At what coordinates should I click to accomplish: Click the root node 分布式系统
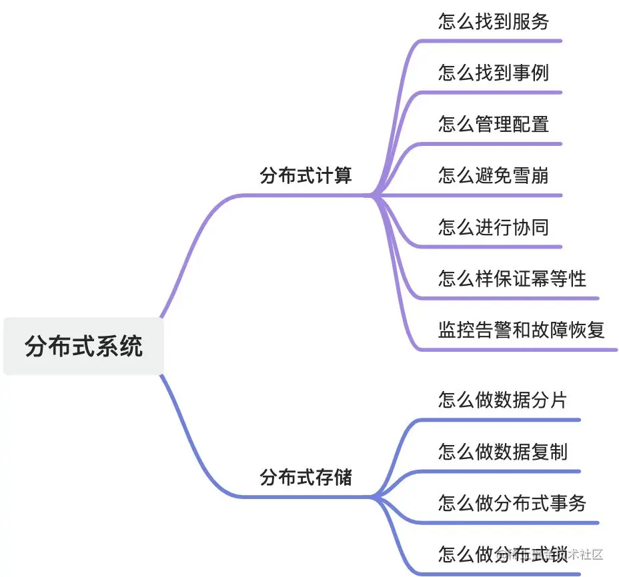tap(83, 346)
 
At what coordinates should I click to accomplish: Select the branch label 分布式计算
tap(305, 176)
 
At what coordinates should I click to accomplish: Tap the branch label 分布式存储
tap(305, 477)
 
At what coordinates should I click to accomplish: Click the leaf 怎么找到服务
tap(494, 21)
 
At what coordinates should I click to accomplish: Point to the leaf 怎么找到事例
tap(494, 72)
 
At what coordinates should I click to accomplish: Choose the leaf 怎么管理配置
tap(494, 124)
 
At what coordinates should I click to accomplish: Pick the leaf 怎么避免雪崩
tap(494, 176)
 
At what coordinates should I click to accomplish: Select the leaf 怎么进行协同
tap(494, 227)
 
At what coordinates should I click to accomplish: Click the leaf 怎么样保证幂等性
tap(512, 279)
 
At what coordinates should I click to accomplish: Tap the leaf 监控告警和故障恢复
tap(522, 330)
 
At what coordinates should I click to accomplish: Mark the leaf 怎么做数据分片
tap(503, 400)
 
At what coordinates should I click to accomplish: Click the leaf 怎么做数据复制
tap(503, 452)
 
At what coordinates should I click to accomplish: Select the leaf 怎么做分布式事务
tap(512, 503)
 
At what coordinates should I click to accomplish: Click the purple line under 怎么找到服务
tap(494, 41)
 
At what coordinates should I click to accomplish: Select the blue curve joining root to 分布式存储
tap(193, 453)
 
